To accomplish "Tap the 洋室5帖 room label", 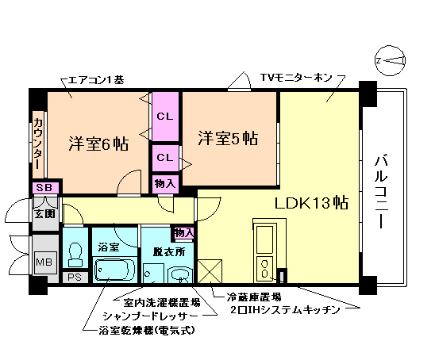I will (x=228, y=138).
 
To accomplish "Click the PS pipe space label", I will (x=75, y=278).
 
